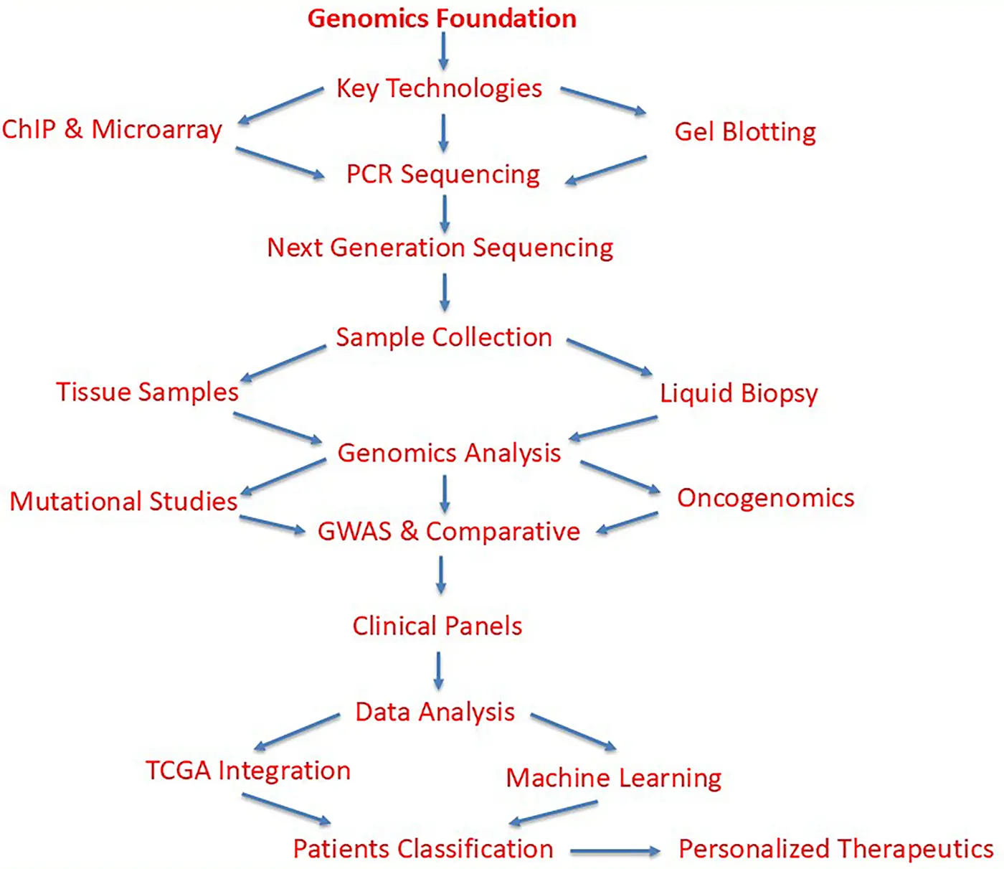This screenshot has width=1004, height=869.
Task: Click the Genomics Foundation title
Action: (x=442, y=19)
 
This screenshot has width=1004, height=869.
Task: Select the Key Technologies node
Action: (x=439, y=88)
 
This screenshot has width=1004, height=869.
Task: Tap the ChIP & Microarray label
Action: (x=112, y=129)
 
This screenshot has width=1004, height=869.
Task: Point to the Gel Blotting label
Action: (x=745, y=132)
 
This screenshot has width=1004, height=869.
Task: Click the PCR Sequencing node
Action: (x=442, y=174)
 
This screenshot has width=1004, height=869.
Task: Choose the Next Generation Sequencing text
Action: (x=440, y=248)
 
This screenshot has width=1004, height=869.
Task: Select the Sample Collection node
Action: (x=444, y=337)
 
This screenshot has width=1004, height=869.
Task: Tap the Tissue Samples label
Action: (x=147, y=392)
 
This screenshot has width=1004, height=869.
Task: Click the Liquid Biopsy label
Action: (x=739, y=393)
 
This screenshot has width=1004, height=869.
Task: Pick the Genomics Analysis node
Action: (x=449, y=453)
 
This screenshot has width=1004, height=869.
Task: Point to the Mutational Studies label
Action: (x=123, y=501)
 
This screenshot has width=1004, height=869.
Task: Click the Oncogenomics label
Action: (x=765, y=498)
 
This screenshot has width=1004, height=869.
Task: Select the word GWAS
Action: (x=354, y=532)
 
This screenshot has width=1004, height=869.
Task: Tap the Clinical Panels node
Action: (x=437, y=626)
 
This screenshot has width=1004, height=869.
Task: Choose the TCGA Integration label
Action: (x=247, y=771)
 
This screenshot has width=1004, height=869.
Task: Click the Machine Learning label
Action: (x=613, y=778)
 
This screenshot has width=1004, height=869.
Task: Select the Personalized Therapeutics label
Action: (x=835, y=849)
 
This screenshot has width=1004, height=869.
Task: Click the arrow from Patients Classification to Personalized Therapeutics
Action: (x=615, y=852)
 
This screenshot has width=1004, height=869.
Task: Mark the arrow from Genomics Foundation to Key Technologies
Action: (x=443, y=52)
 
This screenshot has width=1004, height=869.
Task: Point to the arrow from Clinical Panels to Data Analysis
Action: (x=438, y=670)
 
